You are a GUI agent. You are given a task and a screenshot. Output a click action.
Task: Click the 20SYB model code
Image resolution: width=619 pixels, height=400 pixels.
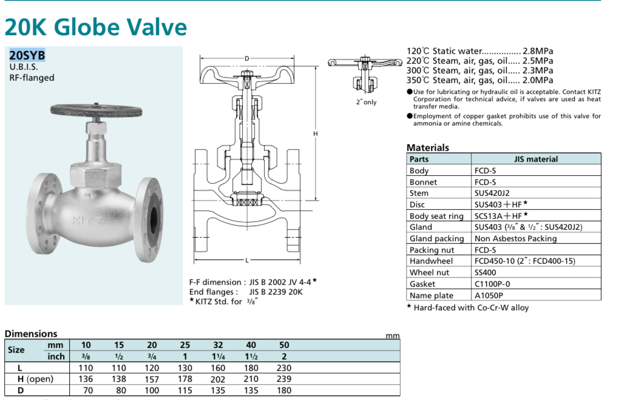click(27, 55)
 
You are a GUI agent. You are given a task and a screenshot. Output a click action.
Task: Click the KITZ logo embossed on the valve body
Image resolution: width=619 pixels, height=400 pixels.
click(87, 220)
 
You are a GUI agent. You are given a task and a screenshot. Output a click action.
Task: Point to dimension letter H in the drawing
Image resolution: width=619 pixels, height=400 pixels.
click(316, 133)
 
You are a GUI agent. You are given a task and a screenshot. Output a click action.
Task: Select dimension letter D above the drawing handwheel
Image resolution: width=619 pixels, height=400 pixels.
click(247, 59)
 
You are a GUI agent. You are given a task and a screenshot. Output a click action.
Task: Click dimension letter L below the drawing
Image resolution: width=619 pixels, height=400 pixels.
click(247, 260)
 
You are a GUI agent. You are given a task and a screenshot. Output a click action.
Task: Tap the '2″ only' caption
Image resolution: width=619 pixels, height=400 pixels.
click(367, 102)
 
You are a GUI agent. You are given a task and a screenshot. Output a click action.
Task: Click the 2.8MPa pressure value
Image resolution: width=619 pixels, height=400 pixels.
click(538, 52)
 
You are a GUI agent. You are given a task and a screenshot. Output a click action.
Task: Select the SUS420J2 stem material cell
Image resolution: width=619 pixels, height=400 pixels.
click(492, 193)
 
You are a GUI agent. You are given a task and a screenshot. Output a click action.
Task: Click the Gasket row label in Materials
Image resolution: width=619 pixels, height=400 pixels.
click(422, 284)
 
